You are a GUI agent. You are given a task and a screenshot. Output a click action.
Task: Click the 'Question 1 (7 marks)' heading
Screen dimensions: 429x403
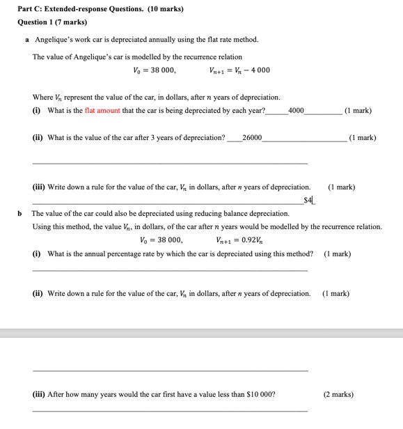[52, 22]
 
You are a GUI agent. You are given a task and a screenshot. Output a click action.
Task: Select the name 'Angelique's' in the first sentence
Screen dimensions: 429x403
[56, 39]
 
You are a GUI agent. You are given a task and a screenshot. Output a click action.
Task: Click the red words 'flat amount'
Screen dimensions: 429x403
[102, 111]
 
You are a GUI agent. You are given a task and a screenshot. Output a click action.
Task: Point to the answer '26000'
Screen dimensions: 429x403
[252, 137]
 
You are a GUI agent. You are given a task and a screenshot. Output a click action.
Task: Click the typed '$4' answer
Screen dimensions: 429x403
[308, 201]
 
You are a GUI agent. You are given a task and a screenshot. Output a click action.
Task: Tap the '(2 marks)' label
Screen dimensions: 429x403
[338, 394]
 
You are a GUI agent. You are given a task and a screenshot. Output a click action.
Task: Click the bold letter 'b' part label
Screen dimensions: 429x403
[20, 213]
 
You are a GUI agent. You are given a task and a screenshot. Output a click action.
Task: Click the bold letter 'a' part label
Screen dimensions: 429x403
[26, 39]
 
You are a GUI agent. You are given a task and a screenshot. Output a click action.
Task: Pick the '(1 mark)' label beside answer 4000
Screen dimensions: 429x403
[358, 111]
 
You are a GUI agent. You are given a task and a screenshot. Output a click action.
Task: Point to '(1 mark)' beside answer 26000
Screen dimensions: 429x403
[362, 137]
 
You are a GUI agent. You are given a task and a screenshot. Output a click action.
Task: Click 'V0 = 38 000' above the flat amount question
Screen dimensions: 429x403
[154, 70]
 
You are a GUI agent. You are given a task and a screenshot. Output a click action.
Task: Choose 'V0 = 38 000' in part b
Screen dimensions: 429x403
[161, 240]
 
